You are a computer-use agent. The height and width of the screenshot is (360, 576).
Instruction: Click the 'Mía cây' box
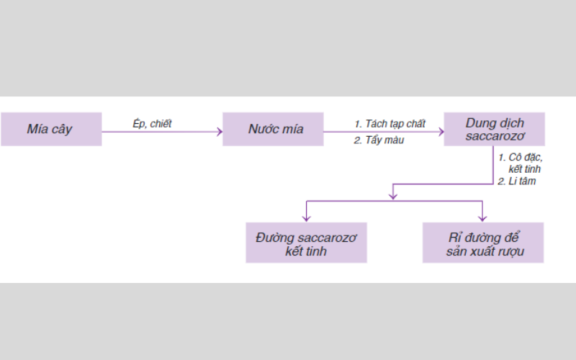[x=50, y=130]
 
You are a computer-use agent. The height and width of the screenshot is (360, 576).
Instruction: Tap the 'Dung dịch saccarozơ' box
[x=494, y=129]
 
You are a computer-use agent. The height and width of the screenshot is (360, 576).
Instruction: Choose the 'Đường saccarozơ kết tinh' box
[x=306, y=243]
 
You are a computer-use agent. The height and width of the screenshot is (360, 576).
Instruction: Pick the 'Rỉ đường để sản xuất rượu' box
[x=482, y=243]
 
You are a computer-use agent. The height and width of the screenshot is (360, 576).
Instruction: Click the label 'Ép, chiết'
[x=153, y=123]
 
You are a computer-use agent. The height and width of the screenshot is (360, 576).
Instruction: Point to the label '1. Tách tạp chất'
[x=390, y=124]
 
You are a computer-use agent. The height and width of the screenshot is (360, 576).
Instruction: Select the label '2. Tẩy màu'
[x=379, y=140]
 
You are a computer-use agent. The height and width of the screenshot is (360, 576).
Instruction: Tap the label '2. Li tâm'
[x=517, y=181]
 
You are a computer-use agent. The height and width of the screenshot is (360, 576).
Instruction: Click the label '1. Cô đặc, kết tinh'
[x=520, y=162]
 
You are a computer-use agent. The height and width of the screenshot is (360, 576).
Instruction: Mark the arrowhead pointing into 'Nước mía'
[x=219, y=132]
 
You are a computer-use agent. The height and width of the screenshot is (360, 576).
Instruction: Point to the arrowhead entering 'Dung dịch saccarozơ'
[x=441, y=132]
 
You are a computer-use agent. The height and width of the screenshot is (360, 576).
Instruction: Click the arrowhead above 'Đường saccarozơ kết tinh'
[x=307, y=217]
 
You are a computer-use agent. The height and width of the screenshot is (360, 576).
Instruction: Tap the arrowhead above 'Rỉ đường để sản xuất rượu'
[x=482, y=217]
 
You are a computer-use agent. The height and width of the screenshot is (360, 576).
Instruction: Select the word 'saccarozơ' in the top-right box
[x=495, y=136]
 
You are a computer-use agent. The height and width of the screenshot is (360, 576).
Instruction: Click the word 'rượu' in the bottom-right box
[x=510, y=251]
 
